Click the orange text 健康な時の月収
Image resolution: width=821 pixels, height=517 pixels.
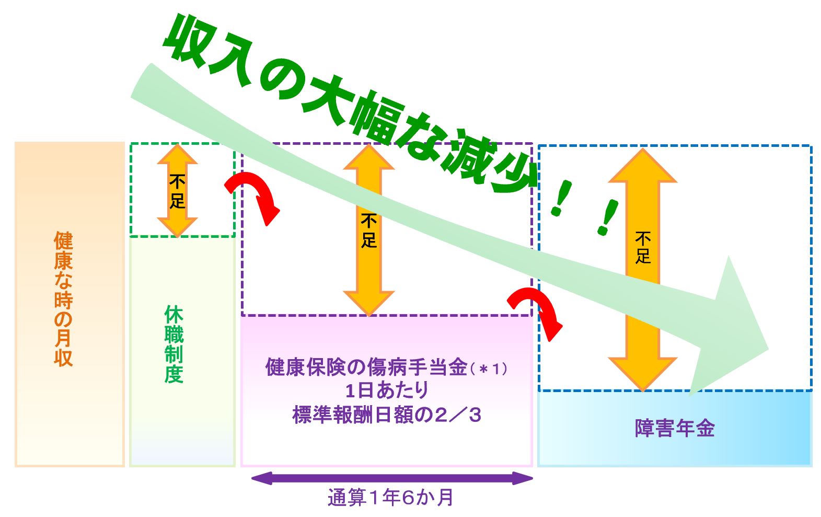(x=63, y=298)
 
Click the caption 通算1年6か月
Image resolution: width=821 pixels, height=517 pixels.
(x=390, y=498)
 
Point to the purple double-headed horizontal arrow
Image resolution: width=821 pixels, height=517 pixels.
(x=392, y=478)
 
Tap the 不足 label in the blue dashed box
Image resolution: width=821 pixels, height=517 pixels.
(x=643, y=247)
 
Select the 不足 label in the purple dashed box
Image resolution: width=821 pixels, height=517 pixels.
(x=369, y=232)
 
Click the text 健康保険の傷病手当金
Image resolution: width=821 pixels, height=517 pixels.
(x=366, y=367)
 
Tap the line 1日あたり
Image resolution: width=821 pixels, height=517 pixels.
(x=387, y=391)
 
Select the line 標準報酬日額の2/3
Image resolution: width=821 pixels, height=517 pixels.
(x=387, y=415)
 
